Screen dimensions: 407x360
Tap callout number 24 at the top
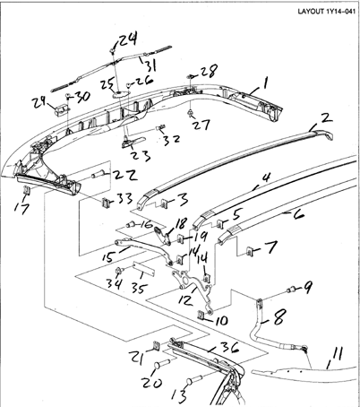point(129,39)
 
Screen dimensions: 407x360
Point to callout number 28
point(209,70)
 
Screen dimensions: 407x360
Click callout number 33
point(124,198)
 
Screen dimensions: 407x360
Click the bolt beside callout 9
point(292,289)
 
